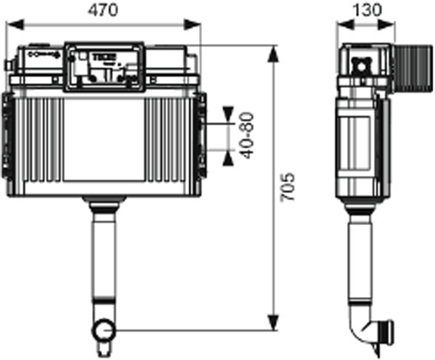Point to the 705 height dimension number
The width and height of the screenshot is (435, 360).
(x=288, y=187)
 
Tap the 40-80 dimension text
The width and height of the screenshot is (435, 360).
(x=247, y=135)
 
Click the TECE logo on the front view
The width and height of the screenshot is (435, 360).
(x=104, y=57)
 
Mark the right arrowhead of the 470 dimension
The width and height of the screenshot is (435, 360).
(x=194, y=25)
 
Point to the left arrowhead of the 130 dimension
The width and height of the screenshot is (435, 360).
(x=345, y=25)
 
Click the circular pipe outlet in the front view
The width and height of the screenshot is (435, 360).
(x=103, y=329)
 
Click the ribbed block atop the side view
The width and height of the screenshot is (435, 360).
(x=413, y=67)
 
